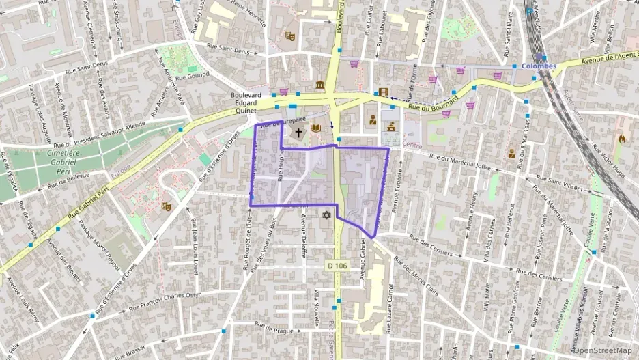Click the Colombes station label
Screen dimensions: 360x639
pyautogui.click(x=539, y=66)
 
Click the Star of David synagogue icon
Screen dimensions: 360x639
pyautogui.click(x=326, y=216)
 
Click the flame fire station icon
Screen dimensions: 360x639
pyautogui.click(x=621, y=138)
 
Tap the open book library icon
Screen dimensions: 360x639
pyautogui.click(x=315, y=128)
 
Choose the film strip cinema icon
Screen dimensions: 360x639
pyautogui.click(x=384, y=93)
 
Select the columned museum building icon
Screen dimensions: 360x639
pyautogui.click(x=320, y=85)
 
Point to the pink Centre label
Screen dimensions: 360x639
pyautogui.click(x=413, y=145)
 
